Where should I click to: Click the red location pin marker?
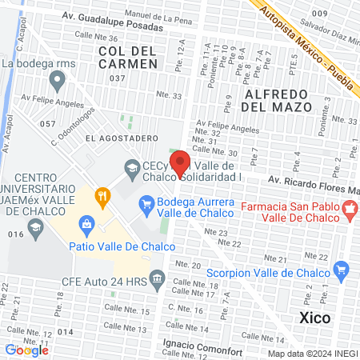180,162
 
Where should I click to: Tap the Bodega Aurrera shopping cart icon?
146,206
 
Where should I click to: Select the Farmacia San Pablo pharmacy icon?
348,211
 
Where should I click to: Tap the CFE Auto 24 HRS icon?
158,282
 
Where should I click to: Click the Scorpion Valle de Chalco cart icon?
342,269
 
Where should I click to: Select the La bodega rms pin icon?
57,79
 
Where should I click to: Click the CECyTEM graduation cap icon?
130,166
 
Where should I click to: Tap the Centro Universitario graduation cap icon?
35,229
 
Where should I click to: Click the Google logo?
26,350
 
